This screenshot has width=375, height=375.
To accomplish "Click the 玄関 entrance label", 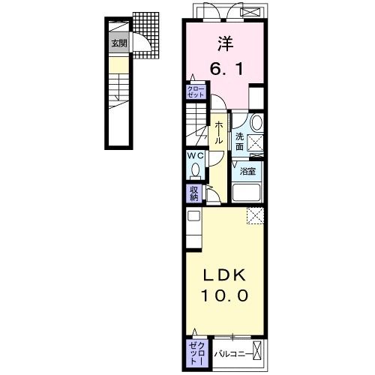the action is click(x=119, y=43).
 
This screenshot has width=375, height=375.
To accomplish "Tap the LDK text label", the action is click(x=224, y=276).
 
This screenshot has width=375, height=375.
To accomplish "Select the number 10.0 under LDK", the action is click(x=224, y=295).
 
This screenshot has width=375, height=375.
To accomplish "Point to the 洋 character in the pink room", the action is click(x=225, y=44).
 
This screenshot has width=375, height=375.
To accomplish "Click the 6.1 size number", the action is click(x=226, y=69).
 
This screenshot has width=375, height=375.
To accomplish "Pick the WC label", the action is click(x=196, y=156).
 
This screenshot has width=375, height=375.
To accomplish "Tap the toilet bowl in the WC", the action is click(x=195, y=170).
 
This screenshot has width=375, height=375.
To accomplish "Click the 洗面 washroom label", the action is click(x=239, y=142).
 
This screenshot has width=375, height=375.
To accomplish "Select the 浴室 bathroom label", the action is click(x=247, y=172).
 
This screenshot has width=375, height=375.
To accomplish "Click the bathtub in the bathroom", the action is click(x=246, y=193).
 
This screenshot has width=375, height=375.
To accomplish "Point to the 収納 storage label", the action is click(x=193, y=193).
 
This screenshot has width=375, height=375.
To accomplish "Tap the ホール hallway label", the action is click(x=218, y=132).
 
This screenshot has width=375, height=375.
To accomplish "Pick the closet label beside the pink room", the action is click(x=196, y=91).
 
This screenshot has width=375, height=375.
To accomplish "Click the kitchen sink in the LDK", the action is click(x=193, y=216).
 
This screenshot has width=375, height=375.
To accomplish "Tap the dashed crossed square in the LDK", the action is click(x=255, y=215).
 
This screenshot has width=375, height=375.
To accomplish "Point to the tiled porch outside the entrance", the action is click(x=145, y=35).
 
